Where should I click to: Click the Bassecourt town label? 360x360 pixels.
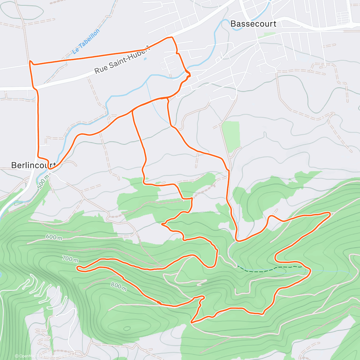pos(253,24)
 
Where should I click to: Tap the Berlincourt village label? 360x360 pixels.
pos(33,165)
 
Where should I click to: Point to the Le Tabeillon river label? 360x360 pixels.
pos(86,42)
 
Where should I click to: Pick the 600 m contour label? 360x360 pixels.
pos(54,237)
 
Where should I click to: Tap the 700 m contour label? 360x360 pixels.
pos(70,259)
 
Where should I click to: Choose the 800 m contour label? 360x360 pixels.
pos(118,287)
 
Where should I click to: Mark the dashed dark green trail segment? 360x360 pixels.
pos(270,269)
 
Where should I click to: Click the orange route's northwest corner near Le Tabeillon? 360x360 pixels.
pos(30,62)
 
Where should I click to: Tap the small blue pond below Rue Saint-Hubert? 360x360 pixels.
pos(145,58)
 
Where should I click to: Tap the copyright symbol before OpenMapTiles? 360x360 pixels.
pos(17,356)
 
